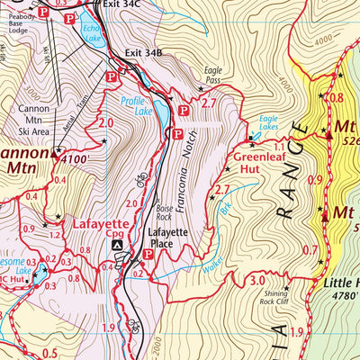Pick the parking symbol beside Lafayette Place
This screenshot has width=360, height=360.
[148, 254]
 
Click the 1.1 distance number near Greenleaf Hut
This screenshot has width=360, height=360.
[279, 147]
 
